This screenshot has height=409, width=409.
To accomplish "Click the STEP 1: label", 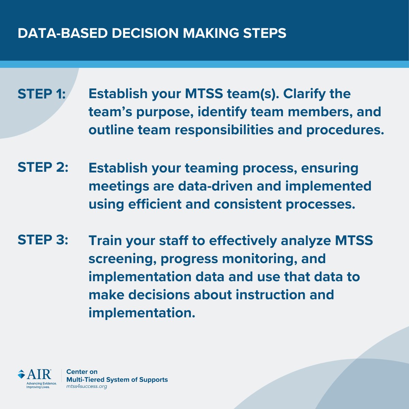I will pyautogui.click(x=42, y=94).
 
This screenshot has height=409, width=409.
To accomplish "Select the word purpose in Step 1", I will pyautogui.click(x=165, y=112).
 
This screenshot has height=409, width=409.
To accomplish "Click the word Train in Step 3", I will pyautogui.click(x=105, y=241).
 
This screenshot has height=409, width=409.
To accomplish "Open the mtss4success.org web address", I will pyautogui.click(x=87, y=387).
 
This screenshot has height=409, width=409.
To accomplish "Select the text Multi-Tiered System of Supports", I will pyautogui.click(x=117, y=379).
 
